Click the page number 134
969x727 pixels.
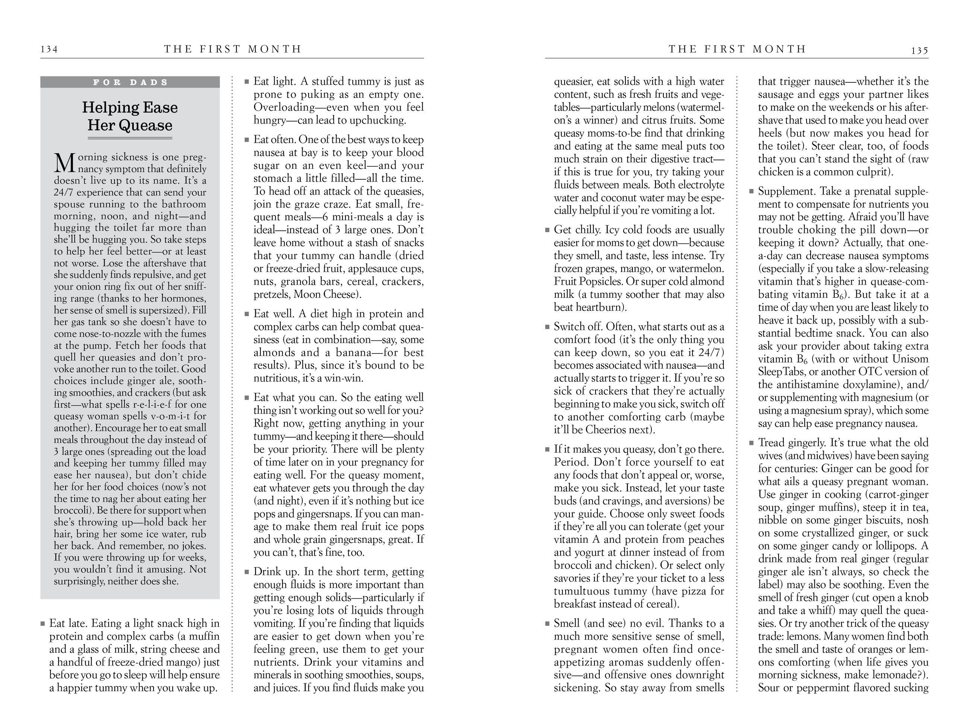coord(49,49)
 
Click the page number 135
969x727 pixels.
coord(919,50)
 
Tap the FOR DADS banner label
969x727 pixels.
coord(130,82)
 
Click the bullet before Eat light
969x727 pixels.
coord(247,82)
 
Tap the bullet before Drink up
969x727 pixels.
coord(247,572)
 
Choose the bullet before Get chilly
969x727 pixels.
coord(547,230)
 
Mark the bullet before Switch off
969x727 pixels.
coord(547,327)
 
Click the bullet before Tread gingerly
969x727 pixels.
coord(752,443)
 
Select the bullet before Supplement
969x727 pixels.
coord(752,192)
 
